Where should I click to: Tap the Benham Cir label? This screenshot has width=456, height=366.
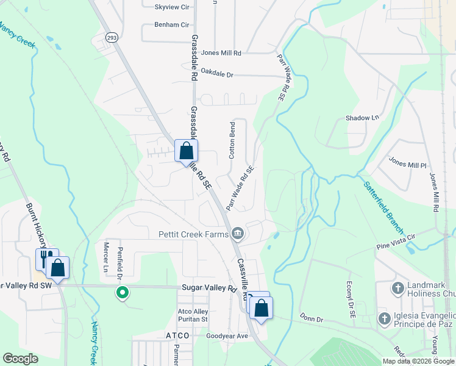[171, 25]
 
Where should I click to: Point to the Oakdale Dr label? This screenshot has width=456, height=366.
[217, 75]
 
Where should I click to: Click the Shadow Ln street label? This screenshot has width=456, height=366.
[362, 118]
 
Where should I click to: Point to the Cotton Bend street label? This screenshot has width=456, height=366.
[232, 140]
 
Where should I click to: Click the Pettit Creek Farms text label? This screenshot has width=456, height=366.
[192, 233]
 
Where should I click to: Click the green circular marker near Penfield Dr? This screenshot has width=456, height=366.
[123, 293]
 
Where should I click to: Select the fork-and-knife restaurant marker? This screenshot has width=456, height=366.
[45, 259]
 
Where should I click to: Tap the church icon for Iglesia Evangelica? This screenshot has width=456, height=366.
[384, 318]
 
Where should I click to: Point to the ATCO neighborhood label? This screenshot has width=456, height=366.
[178, 335]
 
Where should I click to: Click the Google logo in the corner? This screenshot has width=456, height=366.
[20, 359]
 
